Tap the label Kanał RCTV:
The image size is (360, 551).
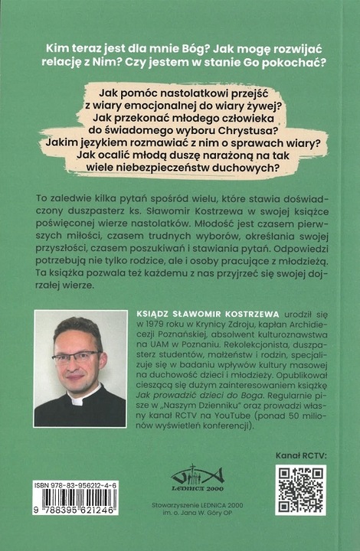coord(302,455)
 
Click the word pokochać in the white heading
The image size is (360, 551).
coord(286,64)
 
